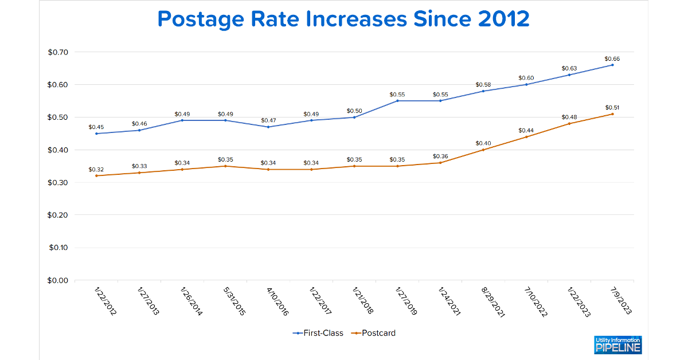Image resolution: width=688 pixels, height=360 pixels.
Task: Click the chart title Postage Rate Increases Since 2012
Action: point(343,19)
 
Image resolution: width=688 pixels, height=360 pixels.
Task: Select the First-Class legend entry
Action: point(318,333)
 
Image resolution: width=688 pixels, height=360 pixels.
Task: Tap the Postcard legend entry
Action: point(373,333)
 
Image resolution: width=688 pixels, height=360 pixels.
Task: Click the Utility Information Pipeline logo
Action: point(617,345)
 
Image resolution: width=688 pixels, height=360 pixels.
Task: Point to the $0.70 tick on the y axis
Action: point(58,52)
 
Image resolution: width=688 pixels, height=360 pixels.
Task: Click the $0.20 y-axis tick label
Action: point(58,215)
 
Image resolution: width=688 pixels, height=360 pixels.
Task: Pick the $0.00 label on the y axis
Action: point(58,280)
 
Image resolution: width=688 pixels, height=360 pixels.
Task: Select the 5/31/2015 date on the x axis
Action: point(234,302)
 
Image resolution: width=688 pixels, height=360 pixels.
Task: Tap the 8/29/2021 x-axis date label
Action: point(493,302)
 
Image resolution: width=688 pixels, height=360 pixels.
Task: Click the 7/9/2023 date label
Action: point(621,301)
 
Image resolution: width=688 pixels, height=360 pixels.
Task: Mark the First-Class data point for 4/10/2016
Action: point(268,127)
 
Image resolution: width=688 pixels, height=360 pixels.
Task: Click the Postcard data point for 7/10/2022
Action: point(526,136)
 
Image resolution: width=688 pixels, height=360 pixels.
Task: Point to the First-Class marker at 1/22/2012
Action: point(96,134)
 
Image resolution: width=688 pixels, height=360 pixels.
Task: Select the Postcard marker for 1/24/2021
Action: point(440,163)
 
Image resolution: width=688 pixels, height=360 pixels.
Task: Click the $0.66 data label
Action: point(612,58)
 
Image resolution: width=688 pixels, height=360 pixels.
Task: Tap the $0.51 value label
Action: point(612,108)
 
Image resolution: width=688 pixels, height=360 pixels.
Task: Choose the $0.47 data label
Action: point(268,120)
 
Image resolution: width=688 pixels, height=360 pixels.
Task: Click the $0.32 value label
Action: point(96,170)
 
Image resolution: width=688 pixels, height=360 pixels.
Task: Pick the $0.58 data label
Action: point(483,84)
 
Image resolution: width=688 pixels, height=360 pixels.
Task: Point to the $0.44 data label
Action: point(526,131)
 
